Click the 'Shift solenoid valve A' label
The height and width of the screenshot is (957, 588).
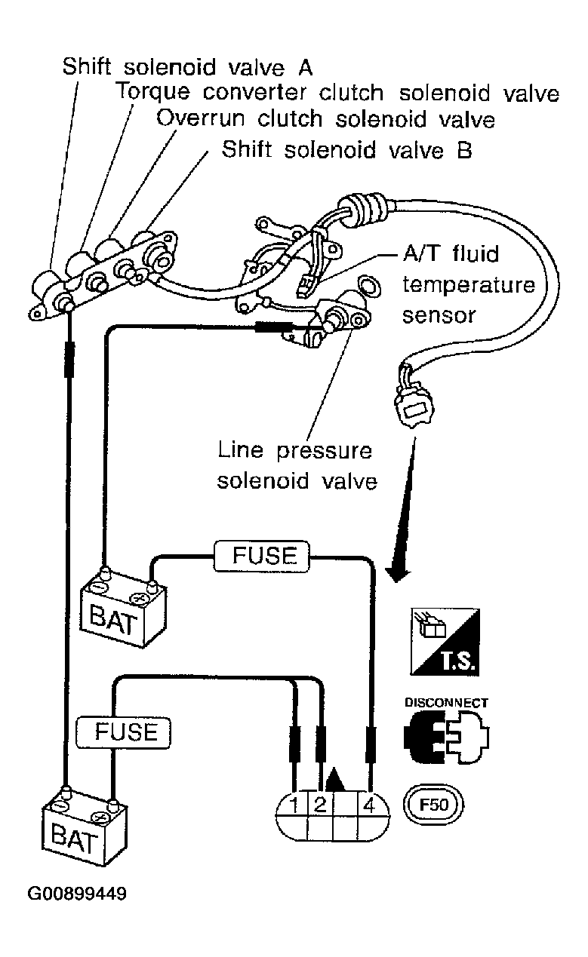(187, 68)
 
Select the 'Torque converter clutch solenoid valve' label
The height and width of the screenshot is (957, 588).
(337, 93)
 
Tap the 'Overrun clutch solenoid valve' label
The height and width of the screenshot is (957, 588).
(325, 118)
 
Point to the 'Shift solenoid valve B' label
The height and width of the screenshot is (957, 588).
(346, 149)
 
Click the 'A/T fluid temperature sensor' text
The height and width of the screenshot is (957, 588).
(469, 284)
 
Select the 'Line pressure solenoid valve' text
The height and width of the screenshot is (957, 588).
(297, 466)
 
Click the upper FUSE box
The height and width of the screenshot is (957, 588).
(261, 556)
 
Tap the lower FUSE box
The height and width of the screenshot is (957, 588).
(123, 733)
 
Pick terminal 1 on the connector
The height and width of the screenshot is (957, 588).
(294, 805)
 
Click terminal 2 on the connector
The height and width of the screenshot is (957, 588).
(319, 805)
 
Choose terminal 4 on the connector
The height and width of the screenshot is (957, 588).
(369, 805)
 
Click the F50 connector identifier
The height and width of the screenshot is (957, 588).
(433, 805)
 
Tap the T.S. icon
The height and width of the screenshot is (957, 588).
(445, 642)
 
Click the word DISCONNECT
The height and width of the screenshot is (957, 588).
(446, 703)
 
